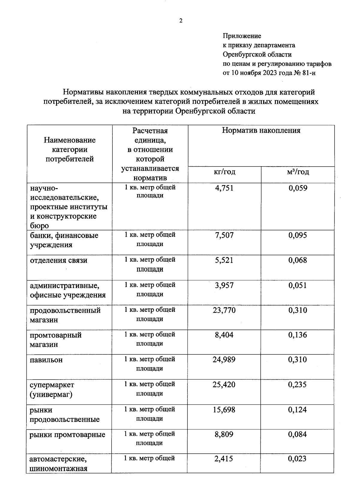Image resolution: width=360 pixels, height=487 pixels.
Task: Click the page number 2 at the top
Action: (x=181, y=21)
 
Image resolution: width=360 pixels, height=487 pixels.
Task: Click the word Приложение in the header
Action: (x=242, y=36)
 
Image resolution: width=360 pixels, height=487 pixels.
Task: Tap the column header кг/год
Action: (x=224, y=172)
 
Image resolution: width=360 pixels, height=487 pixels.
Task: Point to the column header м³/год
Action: (x=298, y=172)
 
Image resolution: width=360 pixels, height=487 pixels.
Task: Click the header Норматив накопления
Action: (x=261, y=131)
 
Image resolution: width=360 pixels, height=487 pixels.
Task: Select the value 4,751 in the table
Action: (x=224, y=188)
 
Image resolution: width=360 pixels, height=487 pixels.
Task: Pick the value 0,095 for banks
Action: (x=298, y=235)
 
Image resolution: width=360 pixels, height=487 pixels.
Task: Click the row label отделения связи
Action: (x=58, y=260)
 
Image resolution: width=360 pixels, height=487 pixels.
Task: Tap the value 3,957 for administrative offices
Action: (x=224, y=285)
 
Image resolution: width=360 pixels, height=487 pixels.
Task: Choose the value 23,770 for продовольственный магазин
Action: (x=224, y=310)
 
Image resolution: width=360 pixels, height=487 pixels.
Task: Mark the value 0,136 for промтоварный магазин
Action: (x=298, y=335)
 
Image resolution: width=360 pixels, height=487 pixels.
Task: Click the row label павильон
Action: (x=46, y=360)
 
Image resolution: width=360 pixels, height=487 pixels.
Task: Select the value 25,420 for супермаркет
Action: (x=224, y=384)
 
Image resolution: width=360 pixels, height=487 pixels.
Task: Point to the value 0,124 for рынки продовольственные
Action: (x=298, y=410)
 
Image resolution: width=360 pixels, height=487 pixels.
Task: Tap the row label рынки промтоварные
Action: (x=67, y=434)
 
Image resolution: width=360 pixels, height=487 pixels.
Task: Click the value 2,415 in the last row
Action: (x=224, y=459)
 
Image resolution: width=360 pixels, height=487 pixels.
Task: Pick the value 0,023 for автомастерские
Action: (x=298, y=459)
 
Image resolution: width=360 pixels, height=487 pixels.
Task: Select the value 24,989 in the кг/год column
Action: (x=224, y=359)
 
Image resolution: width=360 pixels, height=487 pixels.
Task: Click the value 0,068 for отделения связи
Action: (x=298, y=260)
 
